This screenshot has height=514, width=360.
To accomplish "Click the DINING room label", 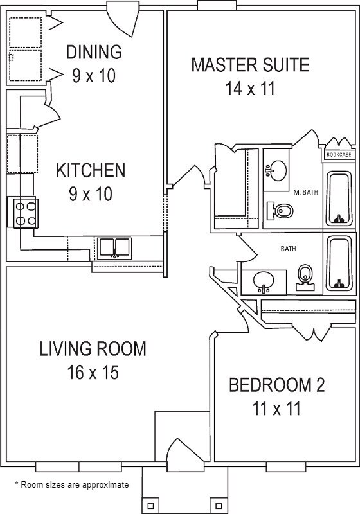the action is coord(94,52).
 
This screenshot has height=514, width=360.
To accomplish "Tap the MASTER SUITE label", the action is coord(251,65).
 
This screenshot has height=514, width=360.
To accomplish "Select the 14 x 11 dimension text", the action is coord(250,89).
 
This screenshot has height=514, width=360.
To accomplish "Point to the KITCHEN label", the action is coord(91,170).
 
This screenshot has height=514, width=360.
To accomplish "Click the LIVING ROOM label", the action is coord(93,349).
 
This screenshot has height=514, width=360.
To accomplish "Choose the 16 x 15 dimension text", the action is coord(93,373).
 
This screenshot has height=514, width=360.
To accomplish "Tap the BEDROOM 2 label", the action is coord(276,385).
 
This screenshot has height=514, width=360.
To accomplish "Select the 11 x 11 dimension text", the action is coord(276,409).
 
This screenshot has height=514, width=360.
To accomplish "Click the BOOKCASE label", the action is coord(339,154).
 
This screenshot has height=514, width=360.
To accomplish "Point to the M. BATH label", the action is coord(305,192).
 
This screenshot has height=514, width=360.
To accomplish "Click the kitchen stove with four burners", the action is coord(26,213).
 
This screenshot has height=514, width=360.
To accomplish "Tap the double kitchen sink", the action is coord(114,248).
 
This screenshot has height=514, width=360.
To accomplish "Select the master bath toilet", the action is coord(280,211).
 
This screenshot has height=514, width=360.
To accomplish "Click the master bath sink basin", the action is coord(276,170).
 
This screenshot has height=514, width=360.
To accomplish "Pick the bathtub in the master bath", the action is coord(339,199).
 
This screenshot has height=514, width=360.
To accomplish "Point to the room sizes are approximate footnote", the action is coord(72,484).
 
